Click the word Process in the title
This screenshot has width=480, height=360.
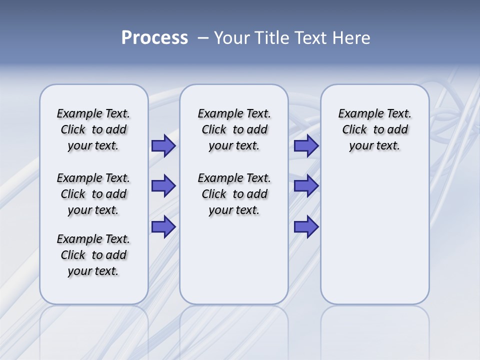click(154, 38)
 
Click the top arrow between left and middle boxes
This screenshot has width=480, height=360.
click(163, 146)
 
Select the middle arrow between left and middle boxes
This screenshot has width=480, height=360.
click(163, 186)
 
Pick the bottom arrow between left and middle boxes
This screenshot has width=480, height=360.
click(163, 227)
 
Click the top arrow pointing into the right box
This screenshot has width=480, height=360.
click(306, 146)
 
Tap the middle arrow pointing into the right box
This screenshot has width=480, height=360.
click(306, 186)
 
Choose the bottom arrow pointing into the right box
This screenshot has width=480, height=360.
click(306, 227)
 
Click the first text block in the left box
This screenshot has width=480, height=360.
click(93, 129)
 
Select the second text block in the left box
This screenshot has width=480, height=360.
click(93, 194)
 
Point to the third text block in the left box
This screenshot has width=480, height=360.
click(93, 255)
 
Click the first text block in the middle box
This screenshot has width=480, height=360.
click(234, 129)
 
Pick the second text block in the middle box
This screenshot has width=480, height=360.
click(234, 194)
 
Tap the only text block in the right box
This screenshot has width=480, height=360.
click(374, 129)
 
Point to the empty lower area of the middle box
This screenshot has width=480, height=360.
click(234, 260)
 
